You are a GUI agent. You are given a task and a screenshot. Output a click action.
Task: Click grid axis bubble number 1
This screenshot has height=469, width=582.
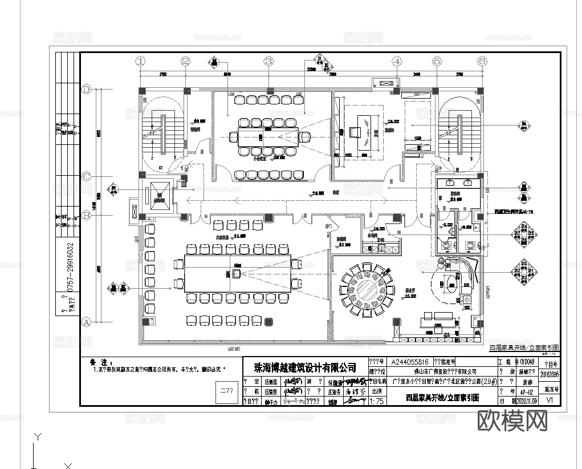coord(141,60)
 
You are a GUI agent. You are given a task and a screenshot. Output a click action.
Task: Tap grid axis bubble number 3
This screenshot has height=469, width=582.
coord(269,60)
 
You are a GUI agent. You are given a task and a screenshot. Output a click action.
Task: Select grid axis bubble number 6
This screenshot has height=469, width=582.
coord(482,60)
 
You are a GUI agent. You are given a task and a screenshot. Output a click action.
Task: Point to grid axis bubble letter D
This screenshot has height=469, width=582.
coord(87,90)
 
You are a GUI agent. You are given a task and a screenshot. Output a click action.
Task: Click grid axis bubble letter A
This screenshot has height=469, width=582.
coord(87,322)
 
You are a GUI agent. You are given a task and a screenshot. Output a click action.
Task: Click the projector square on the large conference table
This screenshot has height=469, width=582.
coord(236,274)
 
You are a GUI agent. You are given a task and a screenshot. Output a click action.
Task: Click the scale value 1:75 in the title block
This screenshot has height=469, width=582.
coord(377,401)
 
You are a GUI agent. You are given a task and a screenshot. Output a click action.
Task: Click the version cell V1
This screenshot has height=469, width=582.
coord(550,401)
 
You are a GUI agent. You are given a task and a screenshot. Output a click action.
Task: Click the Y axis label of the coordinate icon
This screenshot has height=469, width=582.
coord(38,437)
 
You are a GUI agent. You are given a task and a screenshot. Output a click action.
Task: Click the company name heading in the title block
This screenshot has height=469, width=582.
coord(305,367)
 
